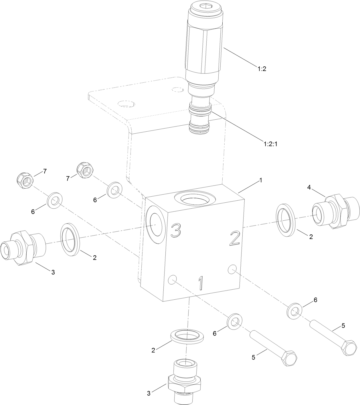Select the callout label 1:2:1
point(270,144)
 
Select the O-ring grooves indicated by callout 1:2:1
point(200,110)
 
